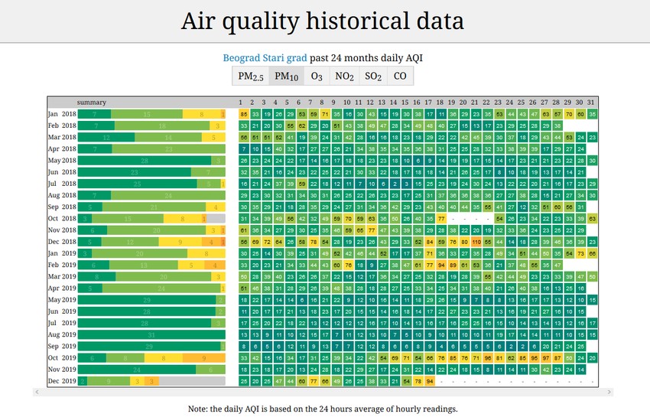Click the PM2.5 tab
coord(251,76)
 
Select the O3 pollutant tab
coord(316,76)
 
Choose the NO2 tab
coord(344,76)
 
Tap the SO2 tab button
coord(373,76)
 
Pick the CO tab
coord(400,76)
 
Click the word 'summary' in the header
coord(91,103)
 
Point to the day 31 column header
coord(592,103)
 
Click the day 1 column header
coord(241,103)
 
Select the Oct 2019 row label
coord(62,357)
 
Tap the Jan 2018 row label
coord(62,114)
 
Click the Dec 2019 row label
coord(62,380)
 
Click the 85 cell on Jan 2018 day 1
coord(243,114)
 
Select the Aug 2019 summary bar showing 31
coord(151,334)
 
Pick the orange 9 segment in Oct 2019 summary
coord(204,357)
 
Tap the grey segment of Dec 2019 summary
coord(192,380)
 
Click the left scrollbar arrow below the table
coord(36,392)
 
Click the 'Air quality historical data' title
coord(322,21)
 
